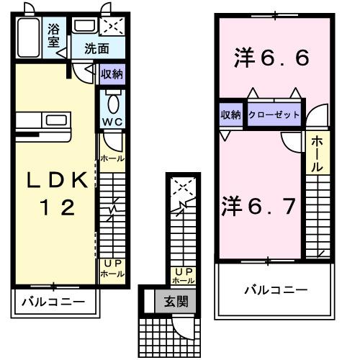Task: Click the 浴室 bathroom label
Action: pos(54,35)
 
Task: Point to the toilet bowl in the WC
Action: pos(112,99)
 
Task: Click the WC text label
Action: pos(112,122)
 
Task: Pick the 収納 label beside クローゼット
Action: pos(230,115)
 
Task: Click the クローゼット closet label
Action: pos(274,115)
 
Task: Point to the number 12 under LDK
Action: pos(55,209)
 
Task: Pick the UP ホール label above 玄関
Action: pos(183,275)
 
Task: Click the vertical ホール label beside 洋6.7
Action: pos(317,154)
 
